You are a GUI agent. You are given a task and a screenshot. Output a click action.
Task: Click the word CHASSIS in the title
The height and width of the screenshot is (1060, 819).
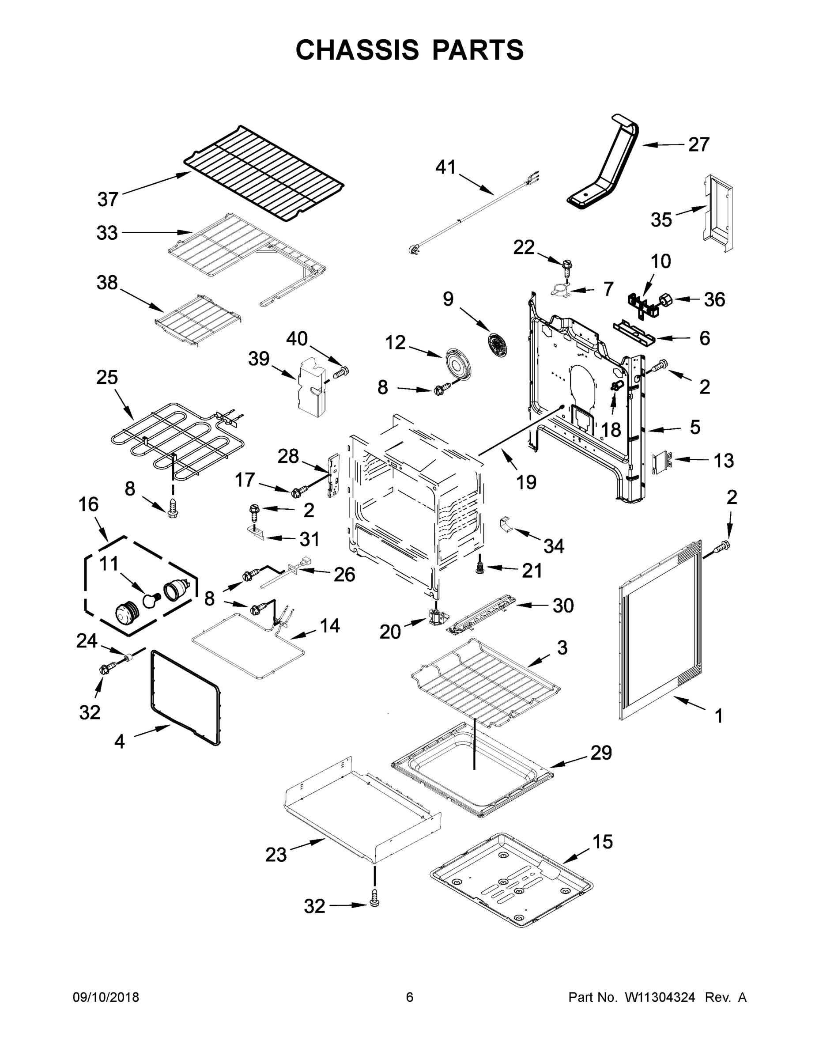click(357, 50)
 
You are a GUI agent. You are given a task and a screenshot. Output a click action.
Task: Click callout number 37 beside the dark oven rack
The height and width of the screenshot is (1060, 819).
click(108, 199)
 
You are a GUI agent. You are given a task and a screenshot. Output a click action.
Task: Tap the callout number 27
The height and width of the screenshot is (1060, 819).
click(698, 144)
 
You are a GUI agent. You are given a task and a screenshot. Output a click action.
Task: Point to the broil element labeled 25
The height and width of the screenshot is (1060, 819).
click(177, 439)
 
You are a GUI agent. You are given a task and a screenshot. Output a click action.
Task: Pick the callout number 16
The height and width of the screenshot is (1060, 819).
click(88, 504)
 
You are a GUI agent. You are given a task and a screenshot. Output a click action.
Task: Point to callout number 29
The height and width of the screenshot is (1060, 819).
click(601, 752)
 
